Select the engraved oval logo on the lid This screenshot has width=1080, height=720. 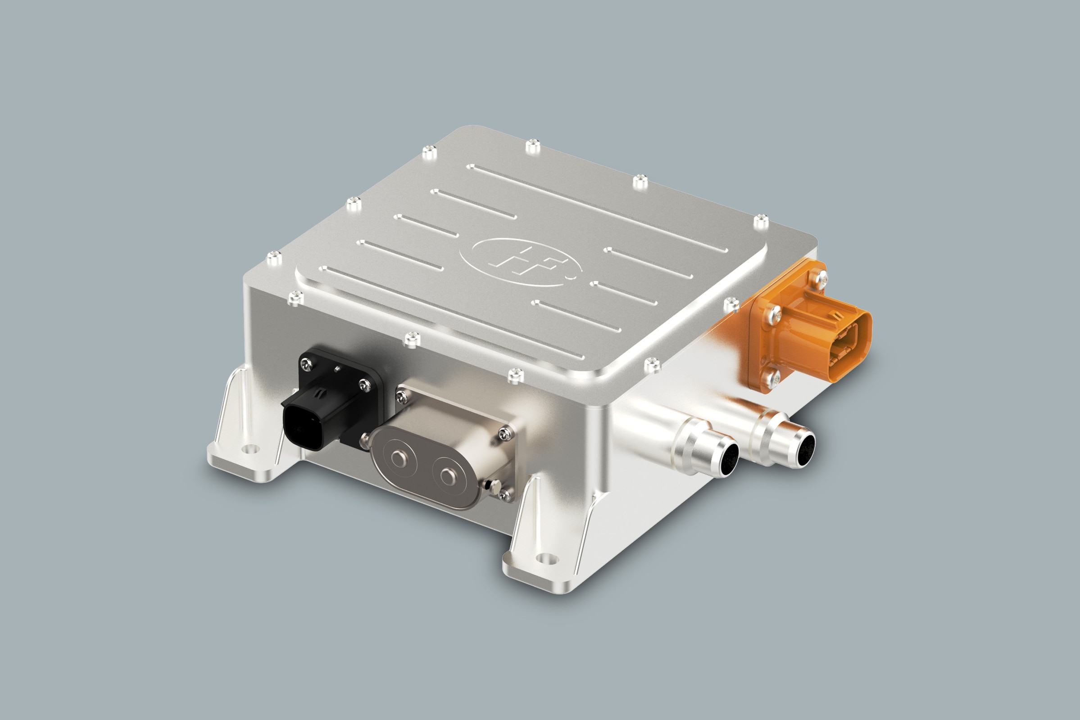pyautogui.click(x=521, y=262)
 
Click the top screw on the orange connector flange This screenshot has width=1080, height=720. pyautogui.click(x=818, y=277)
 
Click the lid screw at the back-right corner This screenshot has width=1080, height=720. pyautogui.click(x=761, y=221)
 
